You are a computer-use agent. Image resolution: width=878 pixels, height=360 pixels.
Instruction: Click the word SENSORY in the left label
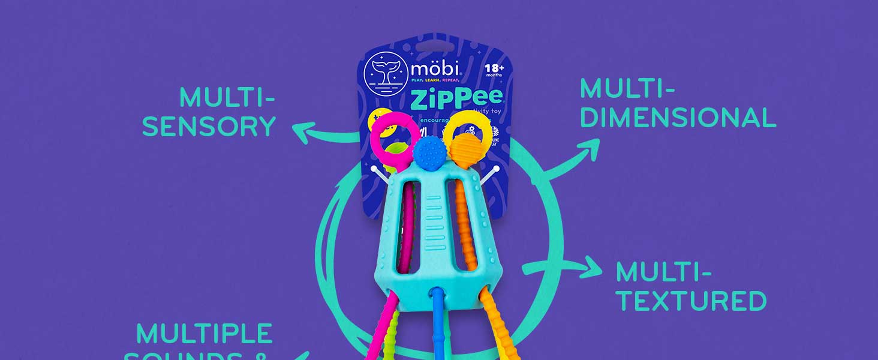click(209, 126)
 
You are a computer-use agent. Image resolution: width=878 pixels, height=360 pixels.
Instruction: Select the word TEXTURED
click(691, 301)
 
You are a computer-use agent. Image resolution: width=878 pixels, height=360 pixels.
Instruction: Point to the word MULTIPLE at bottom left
click(205, 334)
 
